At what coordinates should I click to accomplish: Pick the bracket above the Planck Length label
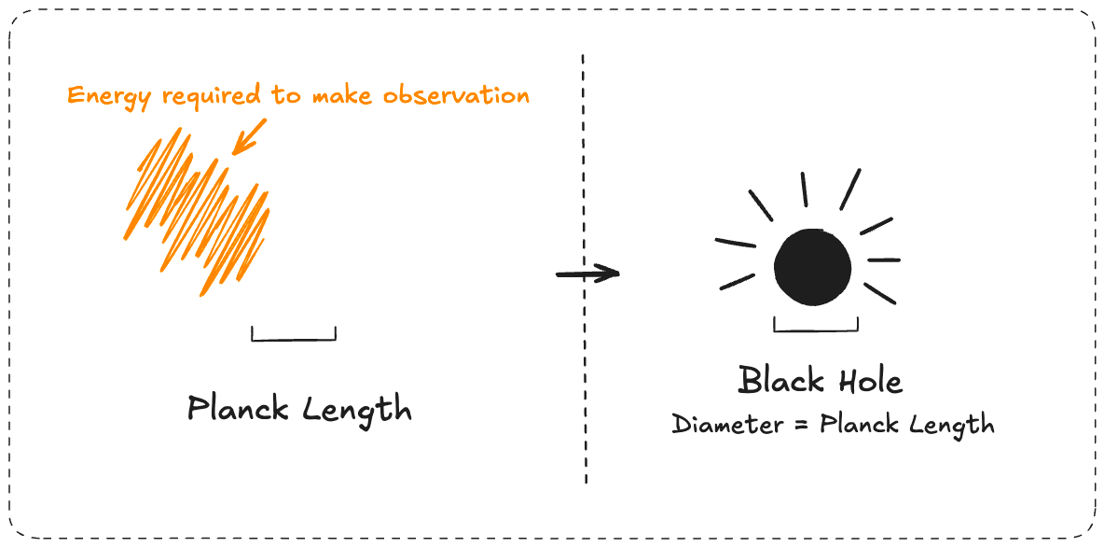[x=294, y=335]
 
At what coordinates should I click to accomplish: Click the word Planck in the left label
[x=240, y=409]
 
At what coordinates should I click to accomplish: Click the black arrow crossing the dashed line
[x=587, y=273]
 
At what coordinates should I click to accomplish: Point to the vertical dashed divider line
[x=585, y=392]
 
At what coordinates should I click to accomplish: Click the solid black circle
[x=813, y=267]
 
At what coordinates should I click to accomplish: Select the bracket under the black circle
[x=816, y=327]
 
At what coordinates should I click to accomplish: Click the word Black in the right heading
[x=781, y=381]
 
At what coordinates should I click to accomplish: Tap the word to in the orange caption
[x=294, y=96]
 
